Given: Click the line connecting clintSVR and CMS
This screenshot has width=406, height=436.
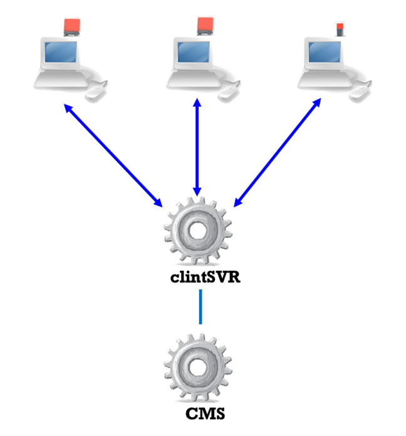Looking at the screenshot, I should point(200,307).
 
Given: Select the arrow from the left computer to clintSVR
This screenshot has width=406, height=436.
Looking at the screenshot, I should point(113,155).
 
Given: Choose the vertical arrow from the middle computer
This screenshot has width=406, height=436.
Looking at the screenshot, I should point(197,147).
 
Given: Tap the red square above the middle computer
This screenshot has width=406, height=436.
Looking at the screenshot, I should point(206,25).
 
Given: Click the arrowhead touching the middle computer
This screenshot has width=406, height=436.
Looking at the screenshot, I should point(197,103).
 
